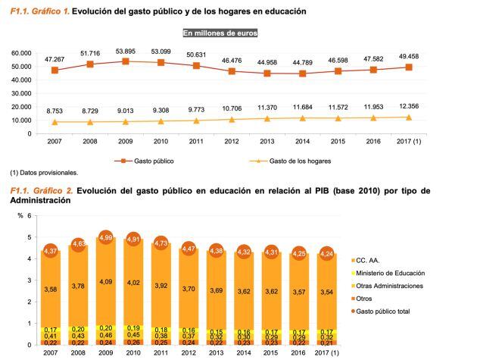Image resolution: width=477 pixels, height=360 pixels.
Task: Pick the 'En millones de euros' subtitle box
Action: [x=220, y=33]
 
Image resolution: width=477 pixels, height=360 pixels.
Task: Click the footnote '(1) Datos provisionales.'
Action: [x=44, y=174]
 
